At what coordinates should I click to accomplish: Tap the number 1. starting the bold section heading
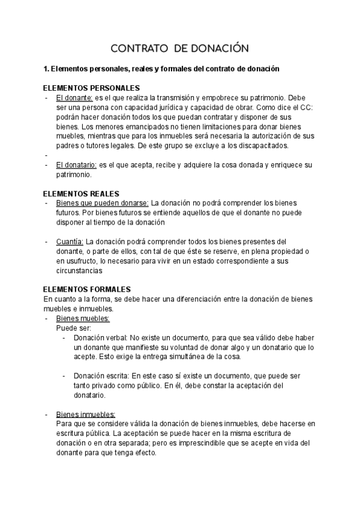(47, 69)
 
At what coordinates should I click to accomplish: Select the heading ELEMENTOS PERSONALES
(92, 88)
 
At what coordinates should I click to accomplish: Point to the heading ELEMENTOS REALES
(82, 193)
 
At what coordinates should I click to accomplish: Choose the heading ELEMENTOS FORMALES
(87, 289)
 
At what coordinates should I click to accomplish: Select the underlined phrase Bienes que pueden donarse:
(102, 203)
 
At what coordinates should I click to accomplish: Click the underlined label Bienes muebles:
(83, 318)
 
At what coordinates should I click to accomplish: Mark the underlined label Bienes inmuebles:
(86, 414)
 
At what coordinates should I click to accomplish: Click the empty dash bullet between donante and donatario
(46, 155)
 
